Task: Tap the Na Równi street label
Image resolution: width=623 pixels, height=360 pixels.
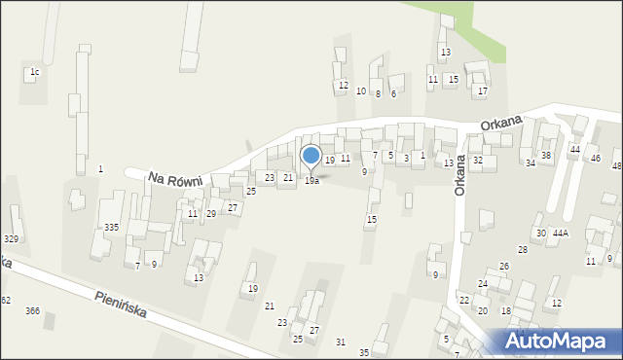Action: (176, 178)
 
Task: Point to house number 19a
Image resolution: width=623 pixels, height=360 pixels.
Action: (311, 181)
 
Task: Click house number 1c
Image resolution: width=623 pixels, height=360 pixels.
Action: (34, 72)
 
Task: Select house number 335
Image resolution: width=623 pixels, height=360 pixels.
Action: (112, 227)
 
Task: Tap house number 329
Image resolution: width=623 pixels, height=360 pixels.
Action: (11, 239)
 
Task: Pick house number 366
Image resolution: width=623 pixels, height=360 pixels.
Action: (32, 310)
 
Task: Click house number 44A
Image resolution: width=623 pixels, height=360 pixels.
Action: (560, 234)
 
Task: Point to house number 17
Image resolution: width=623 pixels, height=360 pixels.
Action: (482, 91)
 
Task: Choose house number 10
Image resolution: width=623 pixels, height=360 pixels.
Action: (361, 91)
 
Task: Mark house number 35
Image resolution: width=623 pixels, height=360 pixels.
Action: (364, 352)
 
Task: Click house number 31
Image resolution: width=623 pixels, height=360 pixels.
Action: (340, 342)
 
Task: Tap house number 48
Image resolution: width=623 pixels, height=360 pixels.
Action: (616, 166)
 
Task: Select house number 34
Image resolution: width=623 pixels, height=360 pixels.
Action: (531, 163)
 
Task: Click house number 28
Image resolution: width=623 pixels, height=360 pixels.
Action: (522, 250)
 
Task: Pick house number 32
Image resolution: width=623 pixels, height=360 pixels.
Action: (477, 160)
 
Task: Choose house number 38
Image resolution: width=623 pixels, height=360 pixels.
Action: (546, 156)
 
